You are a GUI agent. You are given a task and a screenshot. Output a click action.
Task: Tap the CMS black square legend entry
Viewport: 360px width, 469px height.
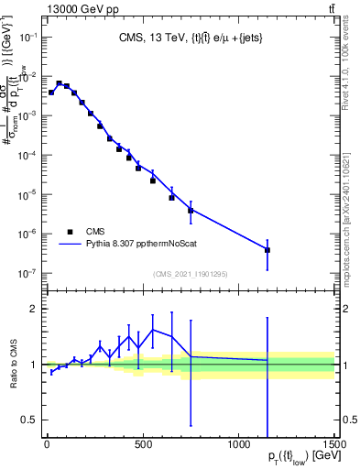pos(70,232)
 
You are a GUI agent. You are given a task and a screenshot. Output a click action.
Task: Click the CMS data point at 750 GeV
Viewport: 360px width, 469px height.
pos(191,210)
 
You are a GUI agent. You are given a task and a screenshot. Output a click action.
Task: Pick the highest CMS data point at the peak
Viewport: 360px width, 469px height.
pos(59,83)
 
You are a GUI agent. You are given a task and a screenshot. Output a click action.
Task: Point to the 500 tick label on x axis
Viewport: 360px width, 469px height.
pos(142,446)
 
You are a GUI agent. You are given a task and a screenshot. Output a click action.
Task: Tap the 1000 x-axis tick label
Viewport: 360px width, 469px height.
pos(238,446)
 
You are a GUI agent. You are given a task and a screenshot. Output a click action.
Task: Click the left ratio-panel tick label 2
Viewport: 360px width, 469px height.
pos(34,309)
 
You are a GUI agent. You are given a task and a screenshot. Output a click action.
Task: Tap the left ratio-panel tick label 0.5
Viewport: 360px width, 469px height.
pos(29,420)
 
